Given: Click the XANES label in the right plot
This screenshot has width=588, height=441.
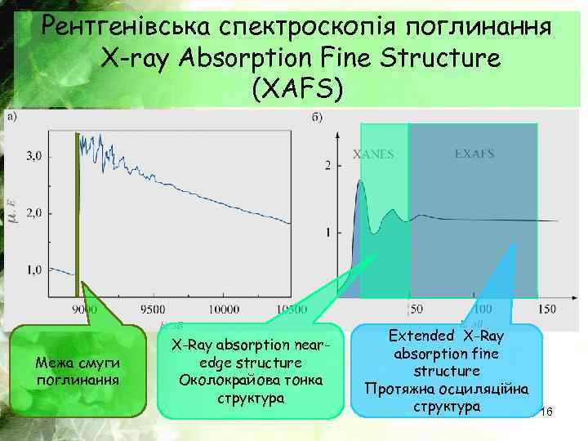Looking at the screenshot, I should (x=372, y=153).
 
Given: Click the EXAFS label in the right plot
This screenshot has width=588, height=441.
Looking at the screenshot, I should (x=474, y=153).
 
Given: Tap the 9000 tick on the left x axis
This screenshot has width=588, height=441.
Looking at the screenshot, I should (x=83, y=310).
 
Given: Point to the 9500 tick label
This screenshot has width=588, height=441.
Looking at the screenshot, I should (x=152, y=310).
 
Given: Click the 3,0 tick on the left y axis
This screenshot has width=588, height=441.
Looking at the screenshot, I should (x=36, y=154).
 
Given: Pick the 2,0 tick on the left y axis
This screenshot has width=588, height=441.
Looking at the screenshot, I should (x=36, y=212).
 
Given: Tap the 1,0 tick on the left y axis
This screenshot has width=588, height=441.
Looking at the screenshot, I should (x=36, y=269).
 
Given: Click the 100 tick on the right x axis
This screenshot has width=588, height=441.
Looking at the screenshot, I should (x=483, y=310).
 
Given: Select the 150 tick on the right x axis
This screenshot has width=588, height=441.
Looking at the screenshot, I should (x=546, y=310).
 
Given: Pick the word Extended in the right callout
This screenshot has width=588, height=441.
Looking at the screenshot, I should (x=421, y=336).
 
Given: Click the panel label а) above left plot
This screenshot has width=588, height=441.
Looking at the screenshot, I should (x=12, y=117).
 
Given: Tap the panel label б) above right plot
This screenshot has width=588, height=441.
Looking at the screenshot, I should (x=316, y=117).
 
